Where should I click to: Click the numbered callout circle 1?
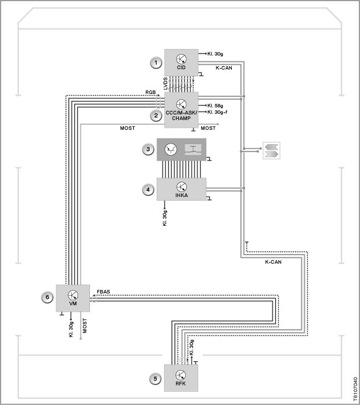click(x=156, y=63)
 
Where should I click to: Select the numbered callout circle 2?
click(x=156, y=116)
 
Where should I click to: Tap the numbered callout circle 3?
click(x=148, y=149)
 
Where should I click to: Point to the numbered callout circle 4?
click(x=148, y=190)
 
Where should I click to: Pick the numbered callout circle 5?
click(x=155, y=379)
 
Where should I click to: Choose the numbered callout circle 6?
click(x=47, y=297)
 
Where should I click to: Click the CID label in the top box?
click(x=181, y=67)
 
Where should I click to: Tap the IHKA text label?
click(x=182, y=195)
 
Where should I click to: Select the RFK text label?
click(x=181, y=383)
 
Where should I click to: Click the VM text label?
click(x=73, y=304)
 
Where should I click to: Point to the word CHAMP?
click(x=181, y=118)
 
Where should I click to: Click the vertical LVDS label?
click(x=166, y=83)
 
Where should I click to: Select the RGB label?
click(x=150, y=92)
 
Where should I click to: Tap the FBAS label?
click(x=103, y=292)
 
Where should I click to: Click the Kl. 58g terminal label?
click(x=215, y=105)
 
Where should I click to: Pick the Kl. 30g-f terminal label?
click(x=218, y=112)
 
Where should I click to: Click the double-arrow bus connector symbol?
click(x=271, y=150)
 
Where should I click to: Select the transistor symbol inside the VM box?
click(x=73, y=295)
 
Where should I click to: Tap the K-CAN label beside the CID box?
click(x=224, y=68)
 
